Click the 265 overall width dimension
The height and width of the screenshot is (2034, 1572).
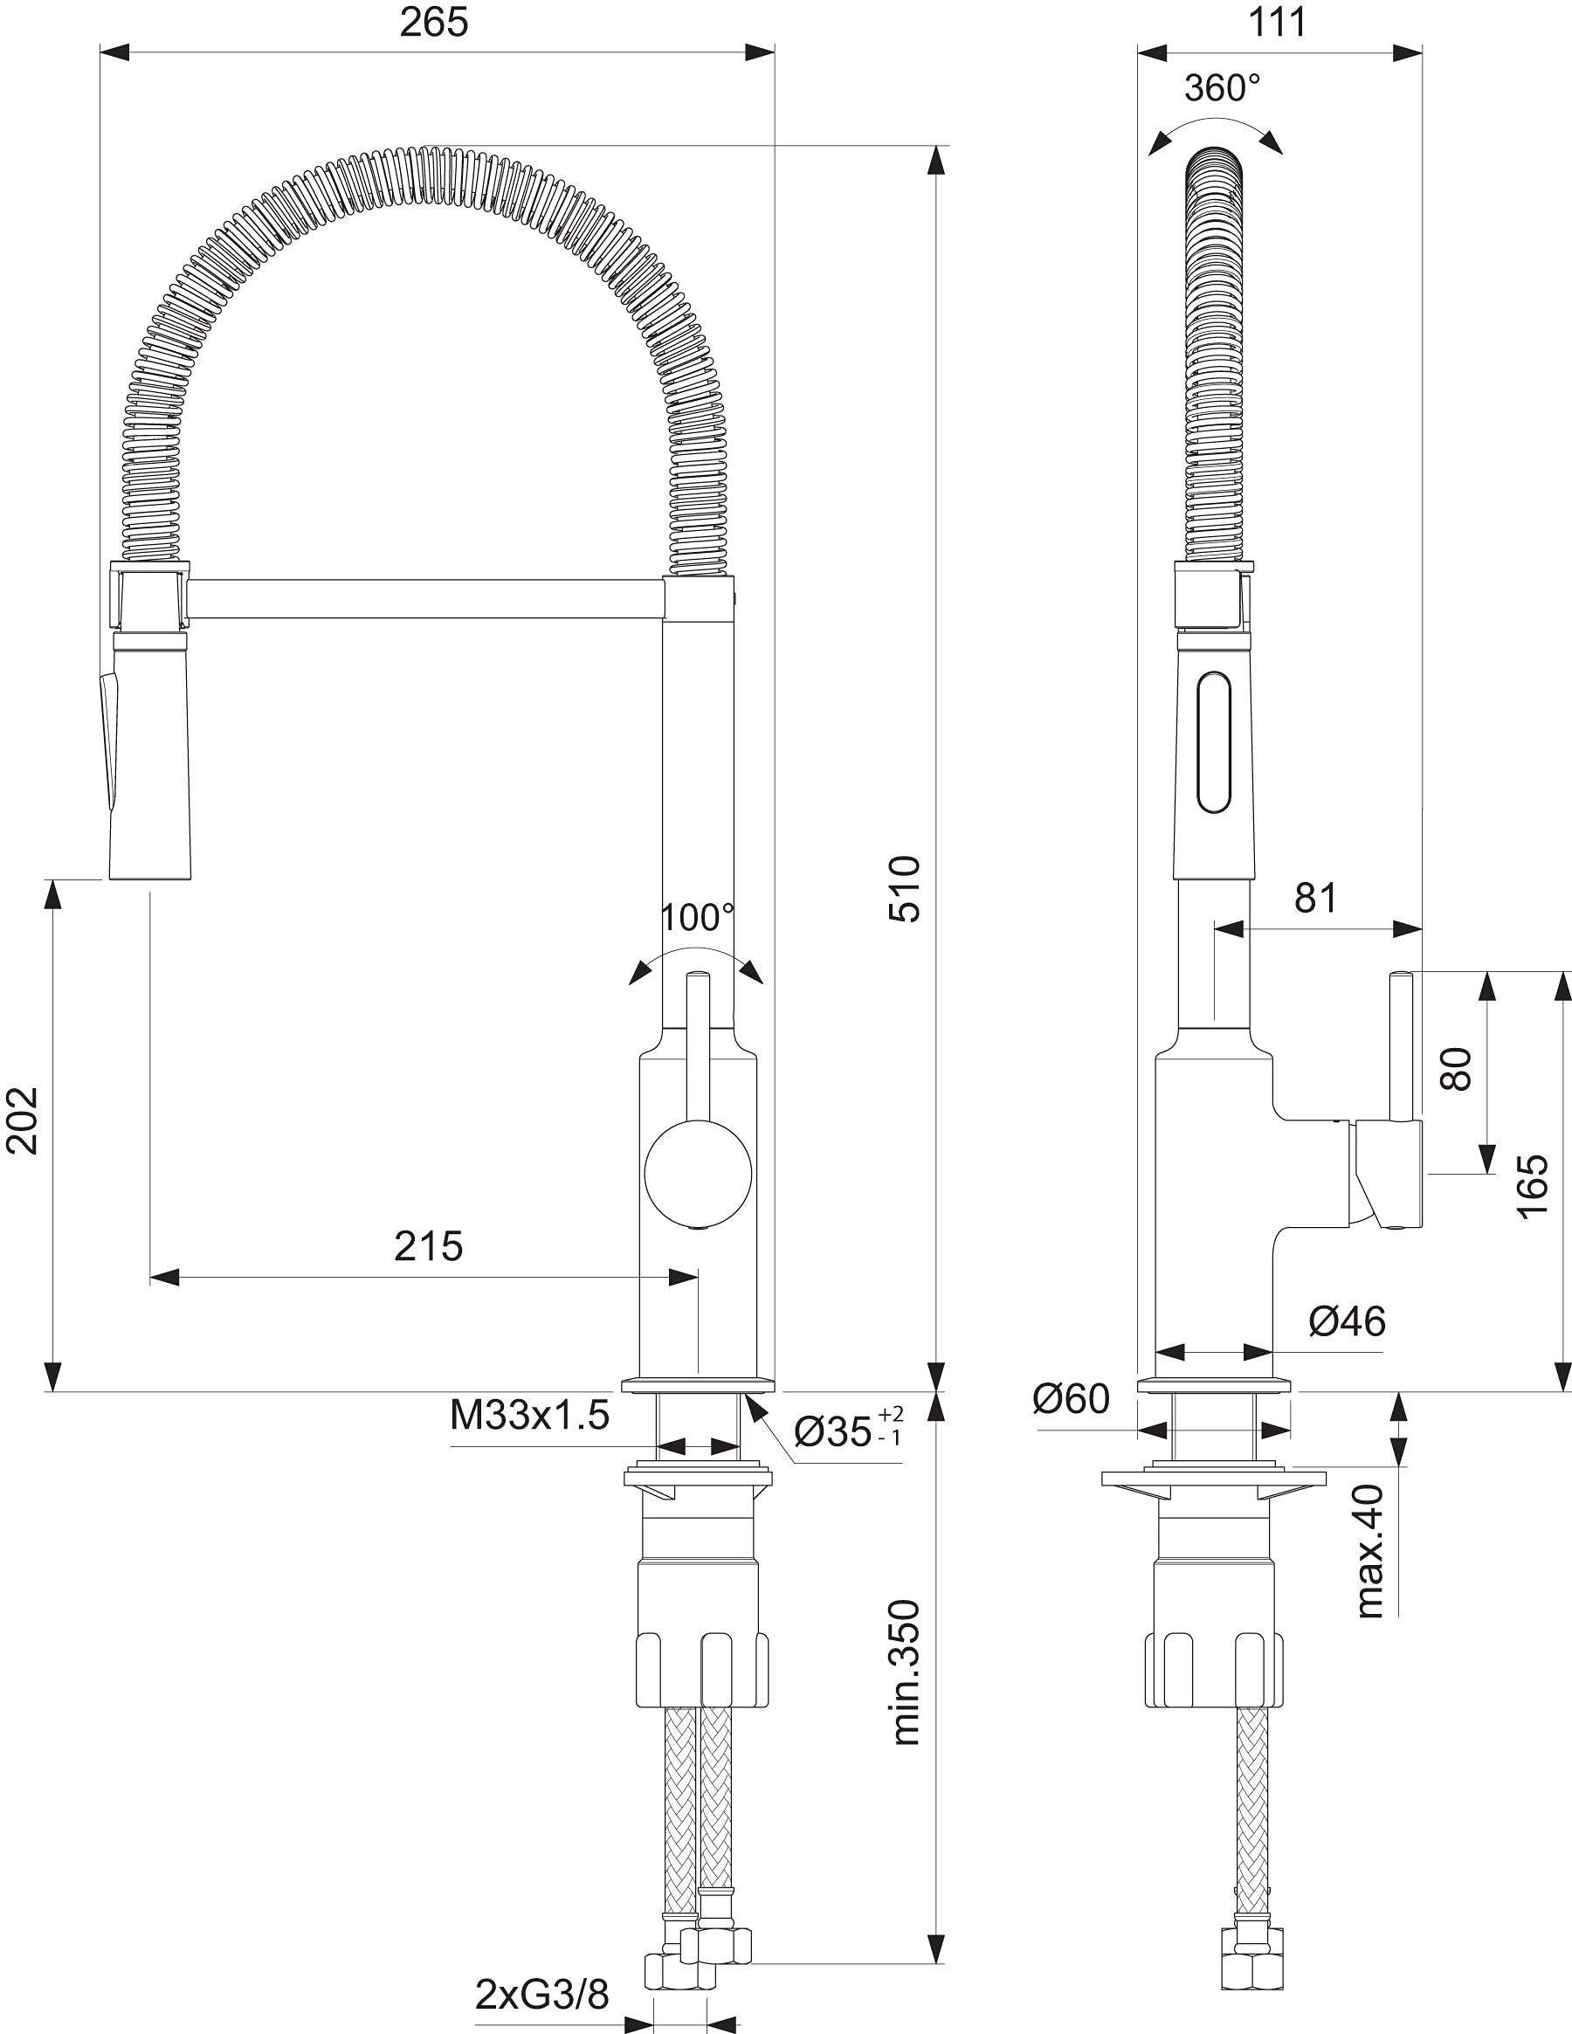[x=434, y=22]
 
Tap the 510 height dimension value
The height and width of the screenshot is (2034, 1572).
[x=904, y=889]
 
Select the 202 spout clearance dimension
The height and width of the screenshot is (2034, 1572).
[x=23, y=1120]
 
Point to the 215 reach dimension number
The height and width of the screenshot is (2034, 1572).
[x=429, y=1246]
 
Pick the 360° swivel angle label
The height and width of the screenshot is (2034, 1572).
[x=1223, y=88]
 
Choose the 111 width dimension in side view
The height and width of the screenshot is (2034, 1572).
[x=1277, y=22]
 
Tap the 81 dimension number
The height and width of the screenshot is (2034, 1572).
[x=1316, y=898]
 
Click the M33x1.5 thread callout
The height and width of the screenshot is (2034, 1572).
[x=530, y=1416]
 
